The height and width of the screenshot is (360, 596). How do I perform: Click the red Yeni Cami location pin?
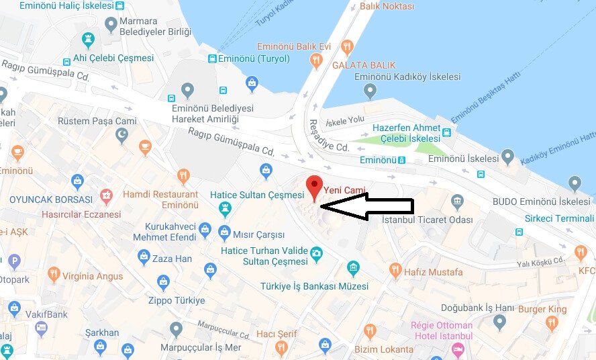click(x=313, y=185)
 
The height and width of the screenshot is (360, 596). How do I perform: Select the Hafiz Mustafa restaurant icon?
click(x=395, y=271)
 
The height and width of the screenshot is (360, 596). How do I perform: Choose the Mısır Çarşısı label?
click(x=258, y=234)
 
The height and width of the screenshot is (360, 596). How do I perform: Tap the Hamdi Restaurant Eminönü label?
click(x=160, y=199)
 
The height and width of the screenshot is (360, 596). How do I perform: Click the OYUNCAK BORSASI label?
click(x=51, y=199)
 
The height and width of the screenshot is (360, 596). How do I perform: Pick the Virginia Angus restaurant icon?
click(x=54, y=275)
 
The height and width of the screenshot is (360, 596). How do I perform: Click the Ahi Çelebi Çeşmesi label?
click(x=113, y=58)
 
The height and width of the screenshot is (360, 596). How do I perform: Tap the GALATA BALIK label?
click(x=364, y=65)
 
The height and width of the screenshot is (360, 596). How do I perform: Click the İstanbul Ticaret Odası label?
click(x=427, y=220)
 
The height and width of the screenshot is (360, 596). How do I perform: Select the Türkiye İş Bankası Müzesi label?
click(x=314, y=286)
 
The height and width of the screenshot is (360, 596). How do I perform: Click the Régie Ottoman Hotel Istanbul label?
click(x=442, y=330)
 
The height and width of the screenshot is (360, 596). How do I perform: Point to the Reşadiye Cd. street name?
click(x=328, y=136)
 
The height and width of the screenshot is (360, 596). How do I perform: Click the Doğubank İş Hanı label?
click(x=456, y=308)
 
